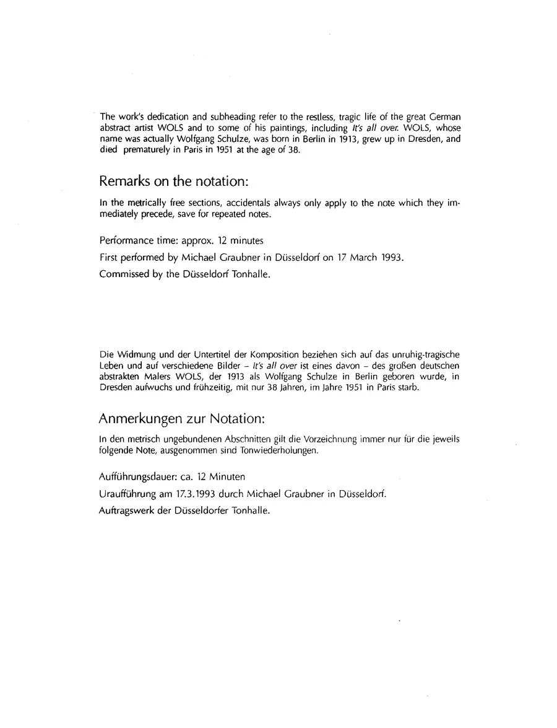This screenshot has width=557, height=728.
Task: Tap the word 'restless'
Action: [313, 116]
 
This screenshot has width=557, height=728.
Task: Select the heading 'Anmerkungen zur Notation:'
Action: [183, 419]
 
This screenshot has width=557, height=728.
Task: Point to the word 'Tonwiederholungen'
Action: [282, 450]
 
